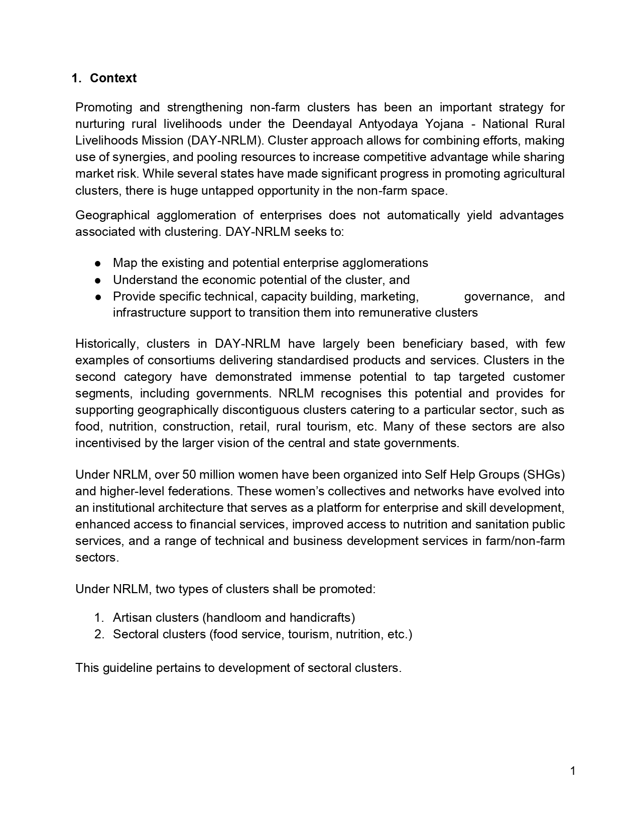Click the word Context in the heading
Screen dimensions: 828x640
coord(113,78)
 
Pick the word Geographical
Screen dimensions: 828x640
coord(112,215)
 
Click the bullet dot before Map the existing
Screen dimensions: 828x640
coord(99,263)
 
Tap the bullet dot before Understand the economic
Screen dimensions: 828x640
coord(99,280)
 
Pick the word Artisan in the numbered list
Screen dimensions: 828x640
coord(132,618)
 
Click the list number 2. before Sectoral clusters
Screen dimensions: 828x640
coord(99,634)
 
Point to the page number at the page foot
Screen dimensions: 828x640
coord(573,771)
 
